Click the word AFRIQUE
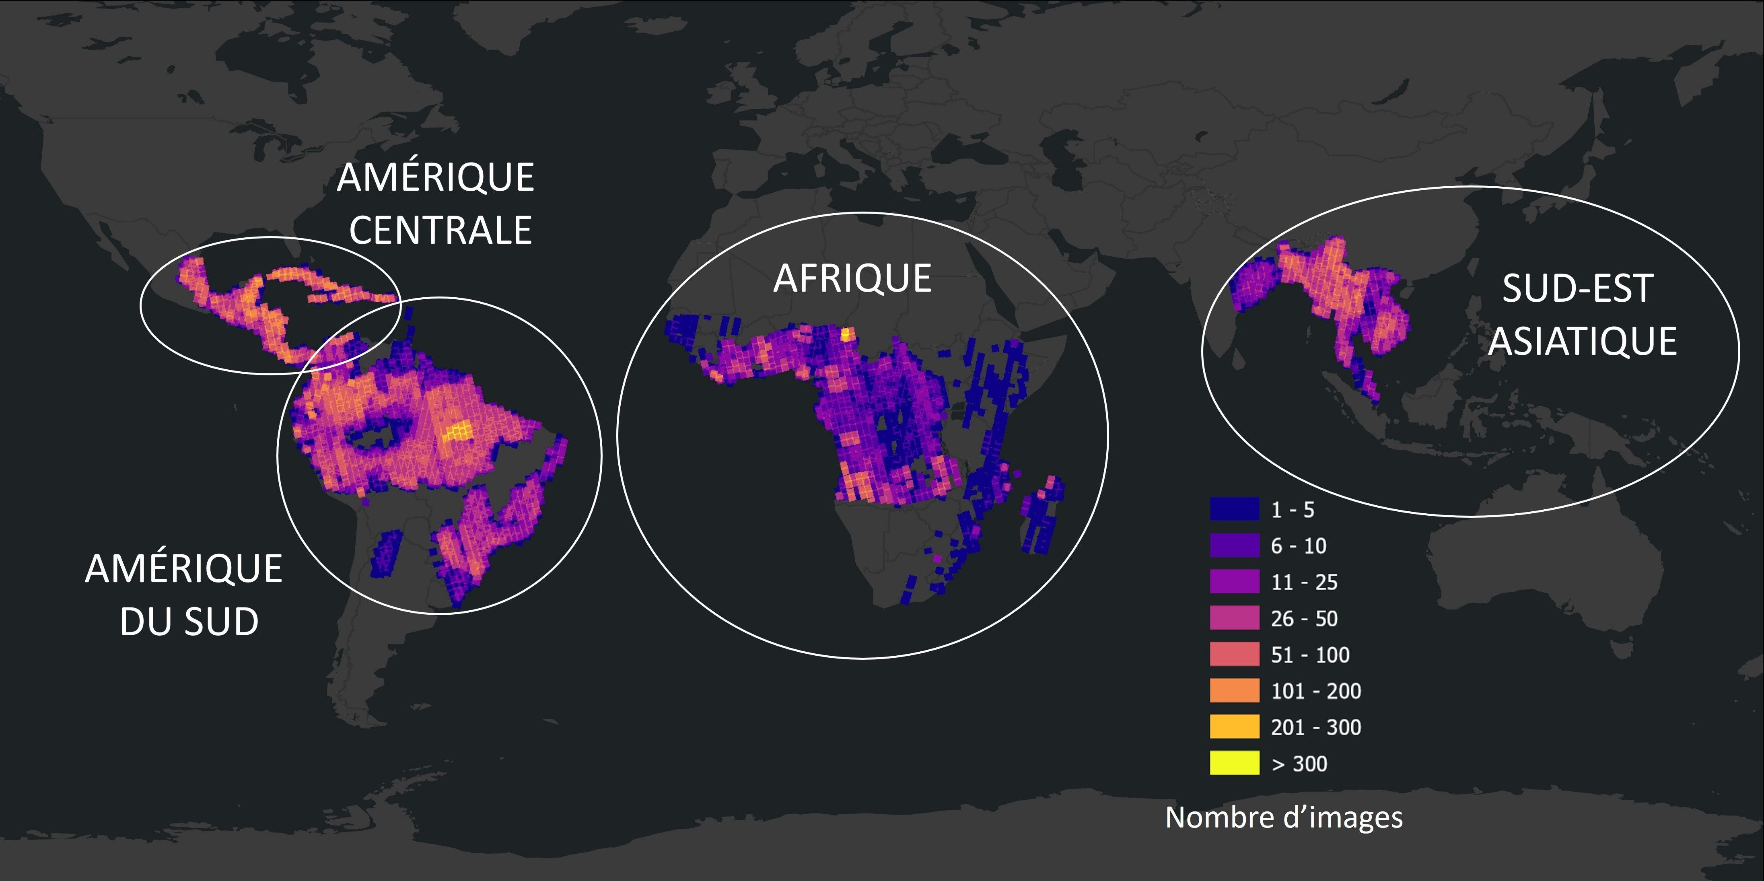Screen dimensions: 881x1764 (x=852, y=279)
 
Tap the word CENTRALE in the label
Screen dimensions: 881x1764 (x=440, y=230)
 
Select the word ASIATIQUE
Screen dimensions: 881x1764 (x=1583, y=341)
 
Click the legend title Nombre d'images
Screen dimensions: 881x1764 (x=1284, y=817)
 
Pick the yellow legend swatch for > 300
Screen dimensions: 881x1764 (x=1234, y=763)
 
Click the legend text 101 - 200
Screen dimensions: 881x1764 (x=1315, y=691)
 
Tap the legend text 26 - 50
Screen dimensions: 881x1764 (x=1304, y=618)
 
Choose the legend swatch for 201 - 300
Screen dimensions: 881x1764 (x=1234, y=726)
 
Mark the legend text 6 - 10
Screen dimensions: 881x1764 (x=1298, y=545)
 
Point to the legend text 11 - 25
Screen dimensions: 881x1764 (x=1304, y=582)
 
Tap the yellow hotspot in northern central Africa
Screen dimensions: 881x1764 (x=848, y=334)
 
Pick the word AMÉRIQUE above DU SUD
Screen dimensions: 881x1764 (x=183, y=569)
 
